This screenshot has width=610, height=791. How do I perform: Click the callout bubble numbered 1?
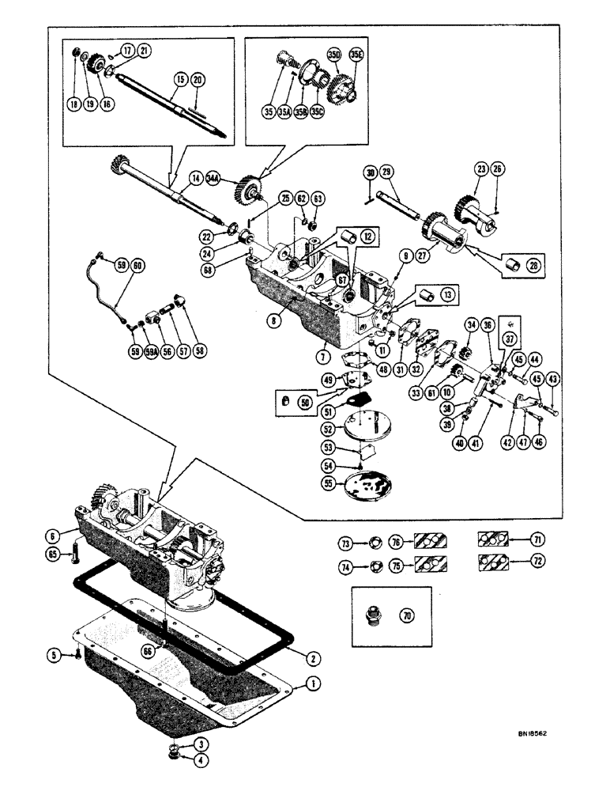coord(314,683)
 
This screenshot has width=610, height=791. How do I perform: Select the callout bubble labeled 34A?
coord(213,181)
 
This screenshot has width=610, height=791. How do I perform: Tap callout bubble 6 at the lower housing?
coord(55,535)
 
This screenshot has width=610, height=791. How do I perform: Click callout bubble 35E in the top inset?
coord(356,55)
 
